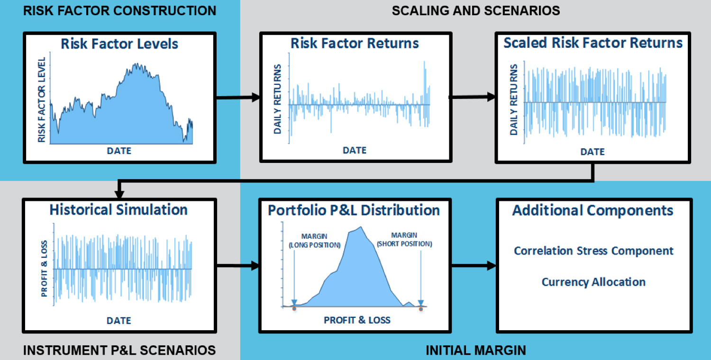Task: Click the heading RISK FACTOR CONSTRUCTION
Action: (119, 10)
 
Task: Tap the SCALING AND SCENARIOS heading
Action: (475, 10)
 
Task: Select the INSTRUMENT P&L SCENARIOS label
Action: (119, 350)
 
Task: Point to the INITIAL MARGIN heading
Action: (475, 351)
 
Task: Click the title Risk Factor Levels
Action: (119, 44)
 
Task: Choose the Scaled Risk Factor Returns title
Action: (592, 43)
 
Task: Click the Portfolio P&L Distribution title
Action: (354, 210)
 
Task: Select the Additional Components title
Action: (592, 210)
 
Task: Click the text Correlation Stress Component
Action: (593, 251)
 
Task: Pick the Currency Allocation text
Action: (593, 282)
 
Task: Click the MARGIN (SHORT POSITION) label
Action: (404, 240)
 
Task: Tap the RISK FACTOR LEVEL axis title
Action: (42, 100)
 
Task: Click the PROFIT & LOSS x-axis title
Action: (357, 320)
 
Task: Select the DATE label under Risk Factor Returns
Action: (355, 150)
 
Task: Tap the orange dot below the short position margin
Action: (420, 309)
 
